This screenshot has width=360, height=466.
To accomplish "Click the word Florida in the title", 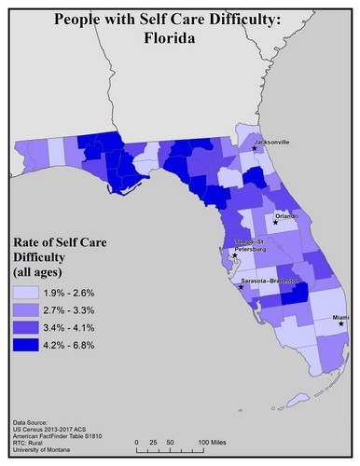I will click(180, 39).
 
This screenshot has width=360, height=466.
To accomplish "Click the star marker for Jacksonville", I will click(255, 147).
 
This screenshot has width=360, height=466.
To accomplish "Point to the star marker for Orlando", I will click(276, 223).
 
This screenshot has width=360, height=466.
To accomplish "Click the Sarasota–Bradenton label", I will click(270, 280).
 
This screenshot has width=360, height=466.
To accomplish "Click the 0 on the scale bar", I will click(137, 440).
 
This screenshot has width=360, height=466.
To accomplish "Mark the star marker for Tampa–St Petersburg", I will click(234, 254).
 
